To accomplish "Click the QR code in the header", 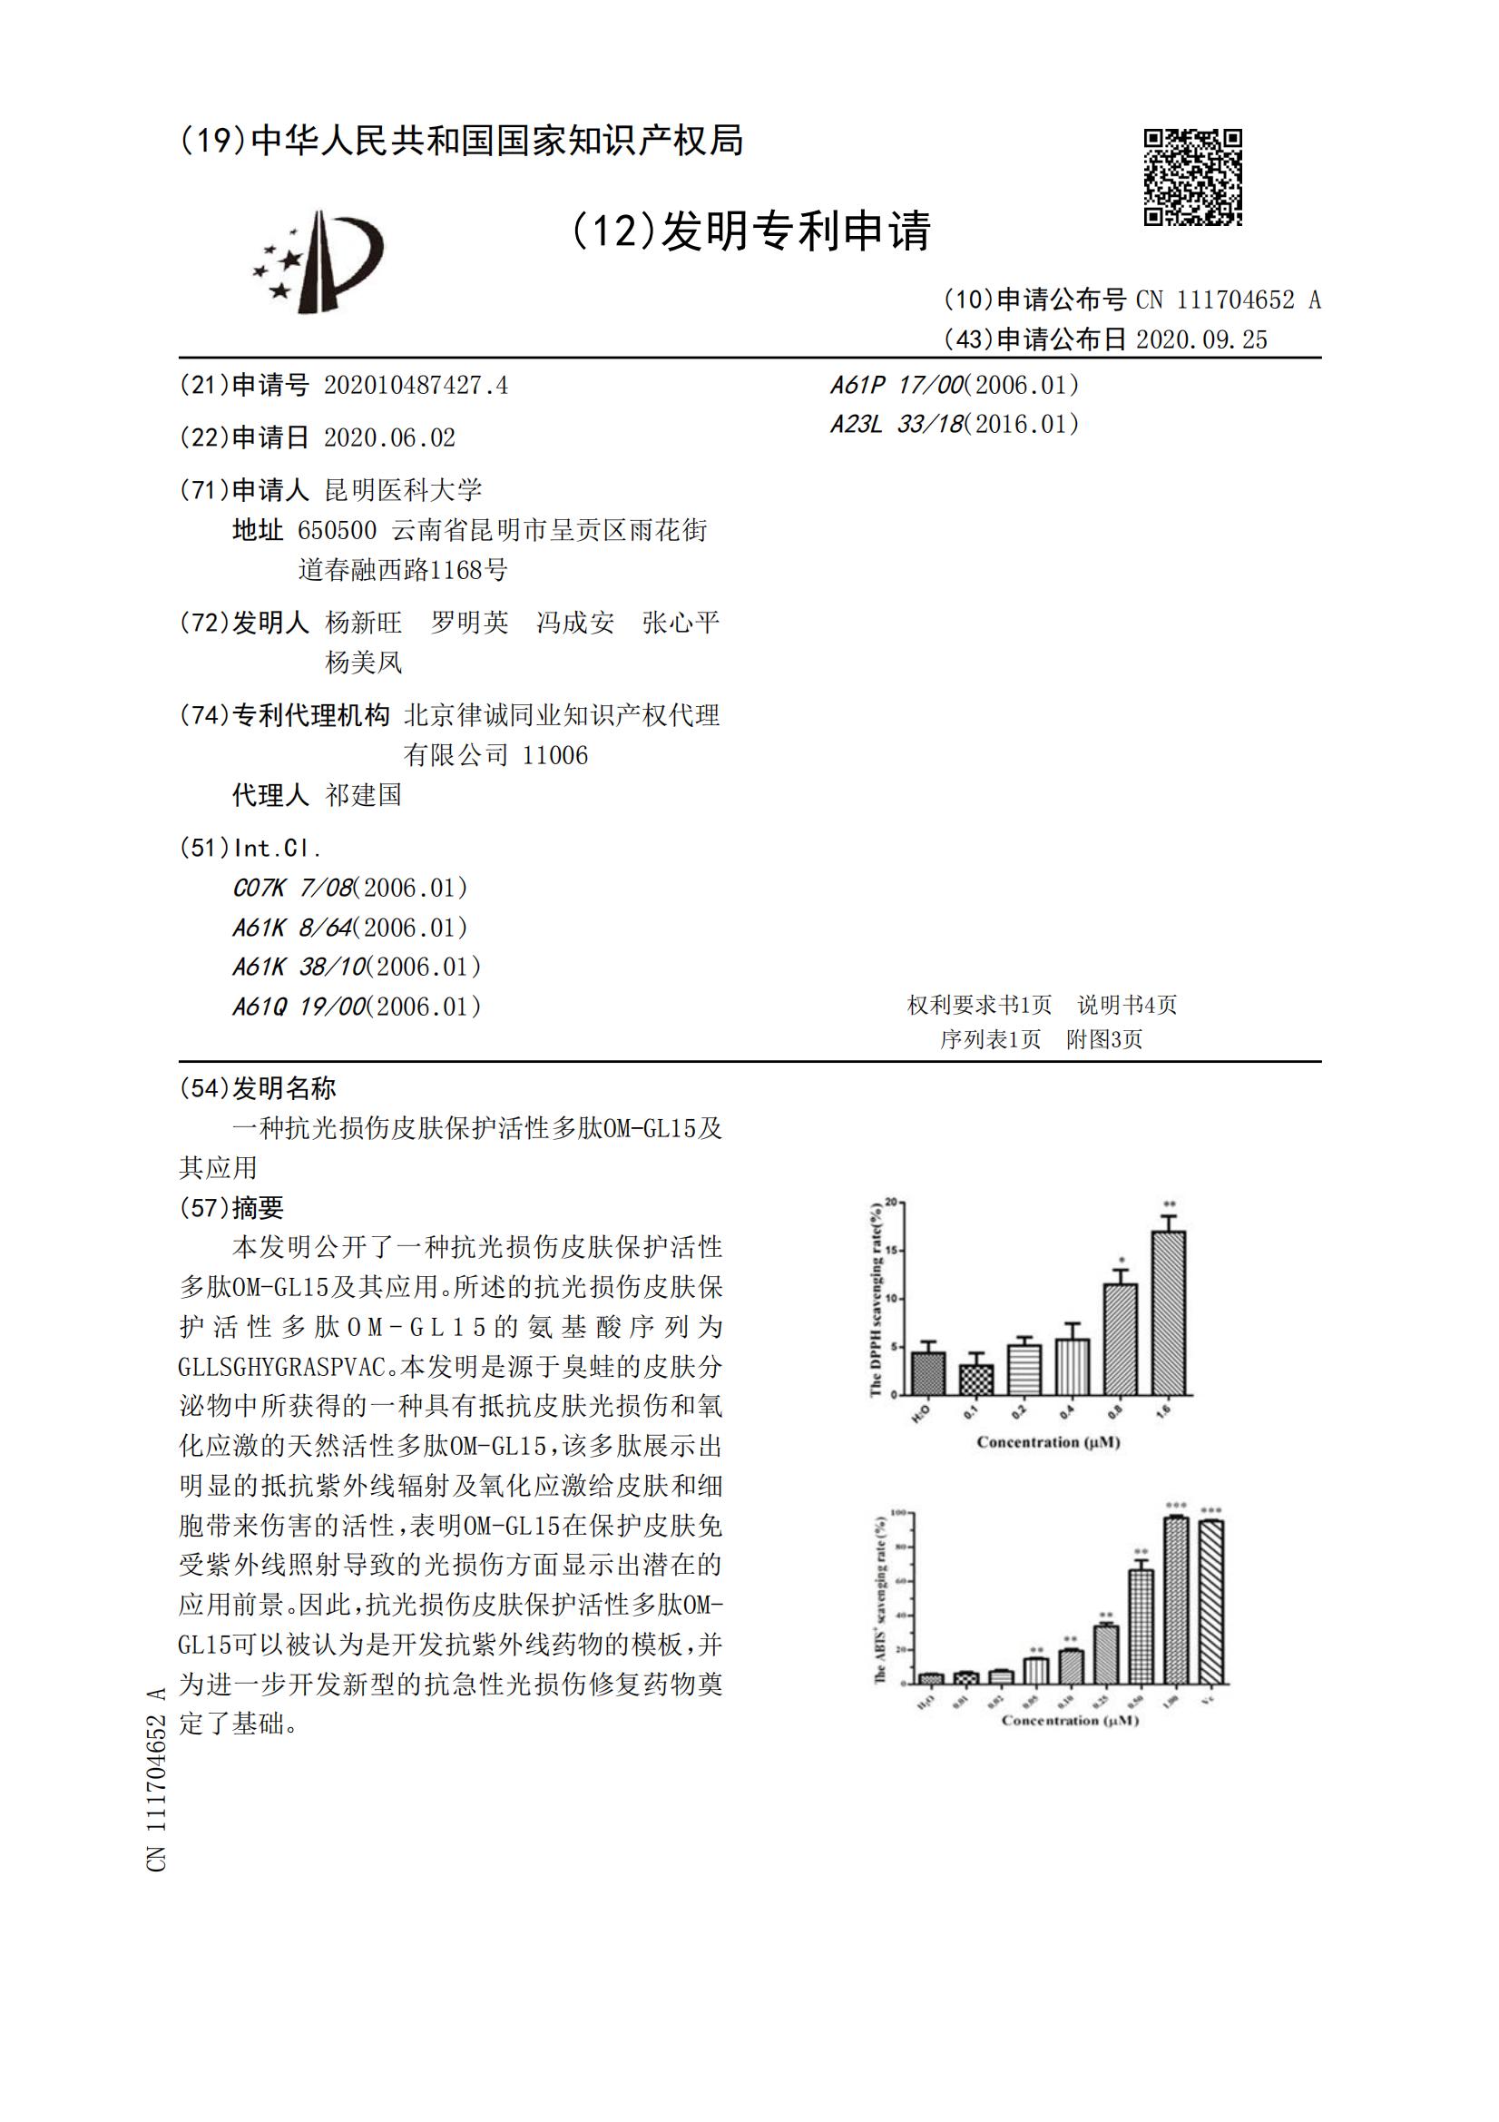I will pyautogui.click(x=1192, y=176).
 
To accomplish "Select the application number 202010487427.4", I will pyautogui.click(x=415, y=386).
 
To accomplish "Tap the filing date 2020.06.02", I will pyautogui.click(x=389, y=438).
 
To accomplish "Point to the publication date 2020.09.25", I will pyautogui.click(x=1201, y=340).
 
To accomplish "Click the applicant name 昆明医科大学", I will pyautogui.click(x=403, y=490).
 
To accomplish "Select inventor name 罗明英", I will pyautogui.click(x=469, y=623).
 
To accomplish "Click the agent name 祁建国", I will pyautogui.click(x=363, y=795).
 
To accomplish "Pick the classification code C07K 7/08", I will pyautogui.click(x=293, y=889).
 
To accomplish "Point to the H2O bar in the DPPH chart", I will pyautogui.click(x=928, y=1373).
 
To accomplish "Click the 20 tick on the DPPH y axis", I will pyautogui.click(x=891, y=1203).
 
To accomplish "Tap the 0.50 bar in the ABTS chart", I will pyautogui.click(x=1141, y=1626).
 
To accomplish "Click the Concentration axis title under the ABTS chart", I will pyautogui.click(x=1070, y=1720).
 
